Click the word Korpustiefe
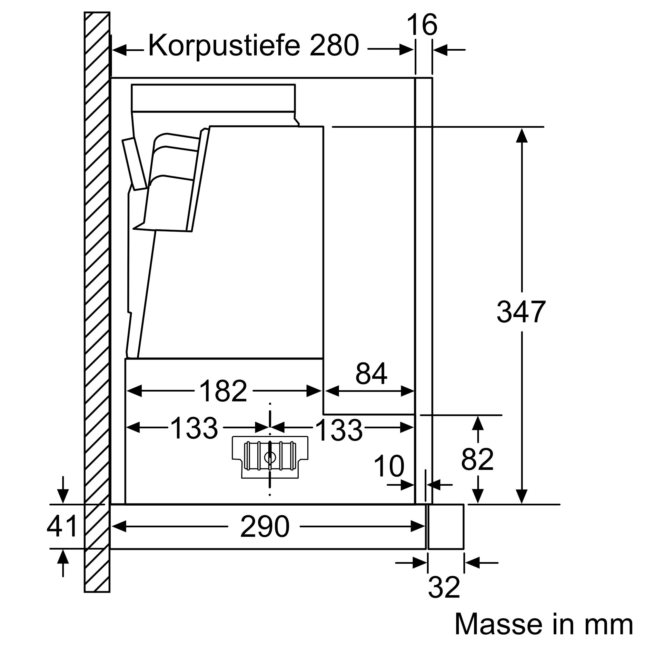(x=224, y=46)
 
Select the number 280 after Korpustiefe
(x=334, y=46)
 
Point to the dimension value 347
(x=521, y=312)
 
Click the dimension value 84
(x=371, y=374)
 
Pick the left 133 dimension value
(x=194, y=428)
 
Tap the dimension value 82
(x=477, y=459)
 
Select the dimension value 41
(x=62, y=526)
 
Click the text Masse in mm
(x=543, y=624)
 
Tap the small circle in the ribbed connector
(x=269, y=457)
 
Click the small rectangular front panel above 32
(x=446, y=527)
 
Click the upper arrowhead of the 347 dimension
(x=521, y=135)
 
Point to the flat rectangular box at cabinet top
(x=213, y=97)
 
